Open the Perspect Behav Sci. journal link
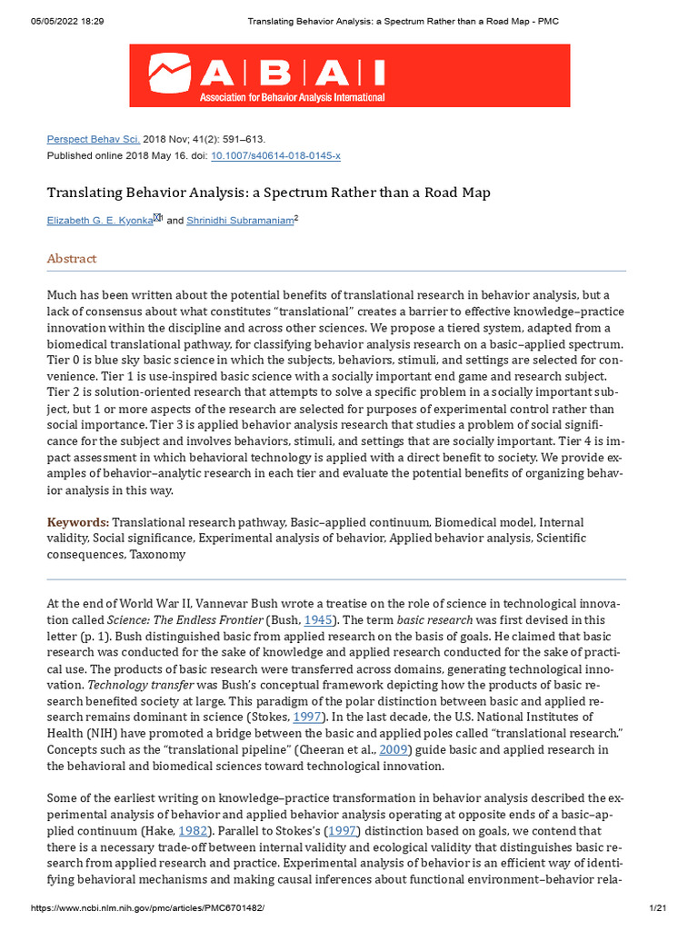(x=94, y=139)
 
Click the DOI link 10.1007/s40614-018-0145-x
(x=275, y=155)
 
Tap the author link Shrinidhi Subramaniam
(x=240, y=221)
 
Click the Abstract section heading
(x=72, y=259)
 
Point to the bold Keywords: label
(x=78, y=522)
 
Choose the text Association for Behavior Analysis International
(x=292, y=98)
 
